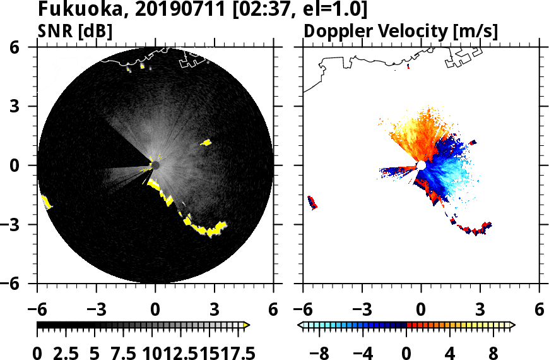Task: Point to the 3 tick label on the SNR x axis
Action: pyautogui.click(x=214, y=310)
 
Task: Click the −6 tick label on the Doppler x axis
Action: pyautogui.click(x=304, y=310)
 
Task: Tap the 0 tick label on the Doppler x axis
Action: pyautogui.click(x=421, y=310)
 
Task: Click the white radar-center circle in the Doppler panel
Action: pyautogui.click(x=421, y=165)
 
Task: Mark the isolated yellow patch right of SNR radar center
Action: pyautogui.click(x=206, y=143)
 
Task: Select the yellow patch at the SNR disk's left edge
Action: pyautogui.click(x=46, y=202)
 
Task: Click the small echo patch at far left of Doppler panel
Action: pyautogui.click(x=312, y=202)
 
